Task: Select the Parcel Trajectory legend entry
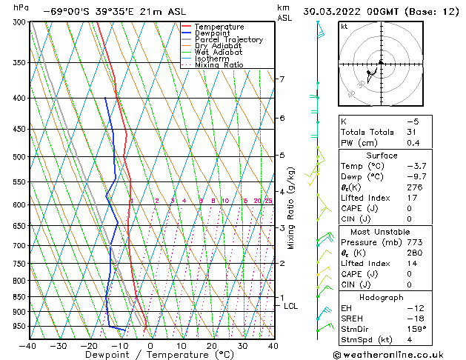[x=228, y=40]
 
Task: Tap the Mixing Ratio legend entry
[x=219, y=65]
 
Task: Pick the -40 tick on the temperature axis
[x=28, y=345]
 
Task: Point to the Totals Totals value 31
[x=413, y=132]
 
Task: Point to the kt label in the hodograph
[x=344, y=26]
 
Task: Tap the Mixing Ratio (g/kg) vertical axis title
[x=291, y=207]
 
